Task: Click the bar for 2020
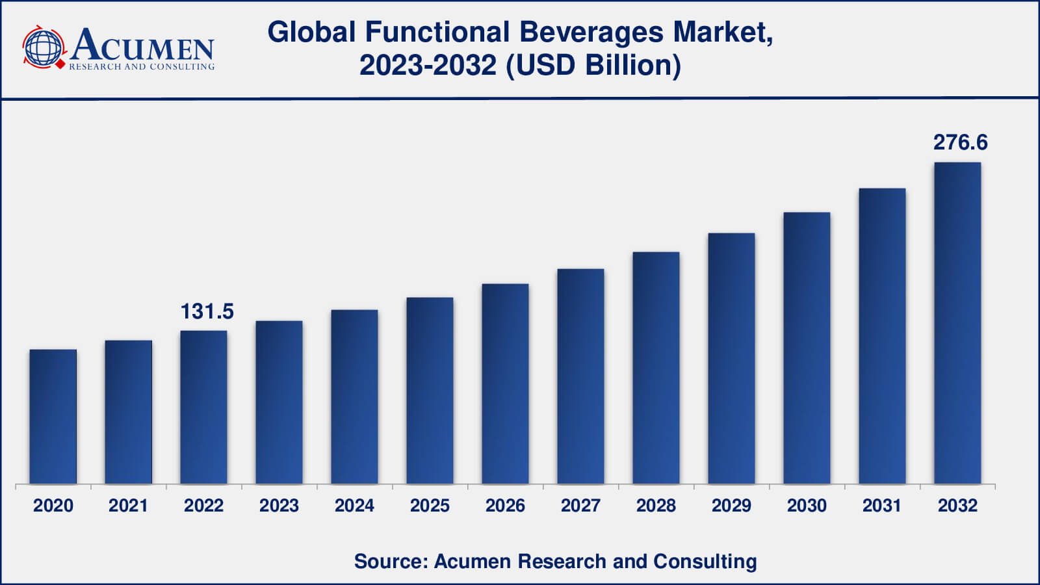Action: point(53,417)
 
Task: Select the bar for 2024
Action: point(354,396)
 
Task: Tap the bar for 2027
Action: point(580,376)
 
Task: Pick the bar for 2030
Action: point(807,348)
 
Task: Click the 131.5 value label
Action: point(207,312)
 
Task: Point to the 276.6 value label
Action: point(960,142)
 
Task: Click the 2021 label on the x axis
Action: point(128,506)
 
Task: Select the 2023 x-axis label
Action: point(279,506)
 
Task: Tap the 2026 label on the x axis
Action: point(505,506)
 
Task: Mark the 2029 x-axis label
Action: point(731,506)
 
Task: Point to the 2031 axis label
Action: point(882,506)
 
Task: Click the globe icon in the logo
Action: point(44,47)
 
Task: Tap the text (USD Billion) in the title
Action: point(593,65)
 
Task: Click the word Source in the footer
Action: point(388,561)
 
